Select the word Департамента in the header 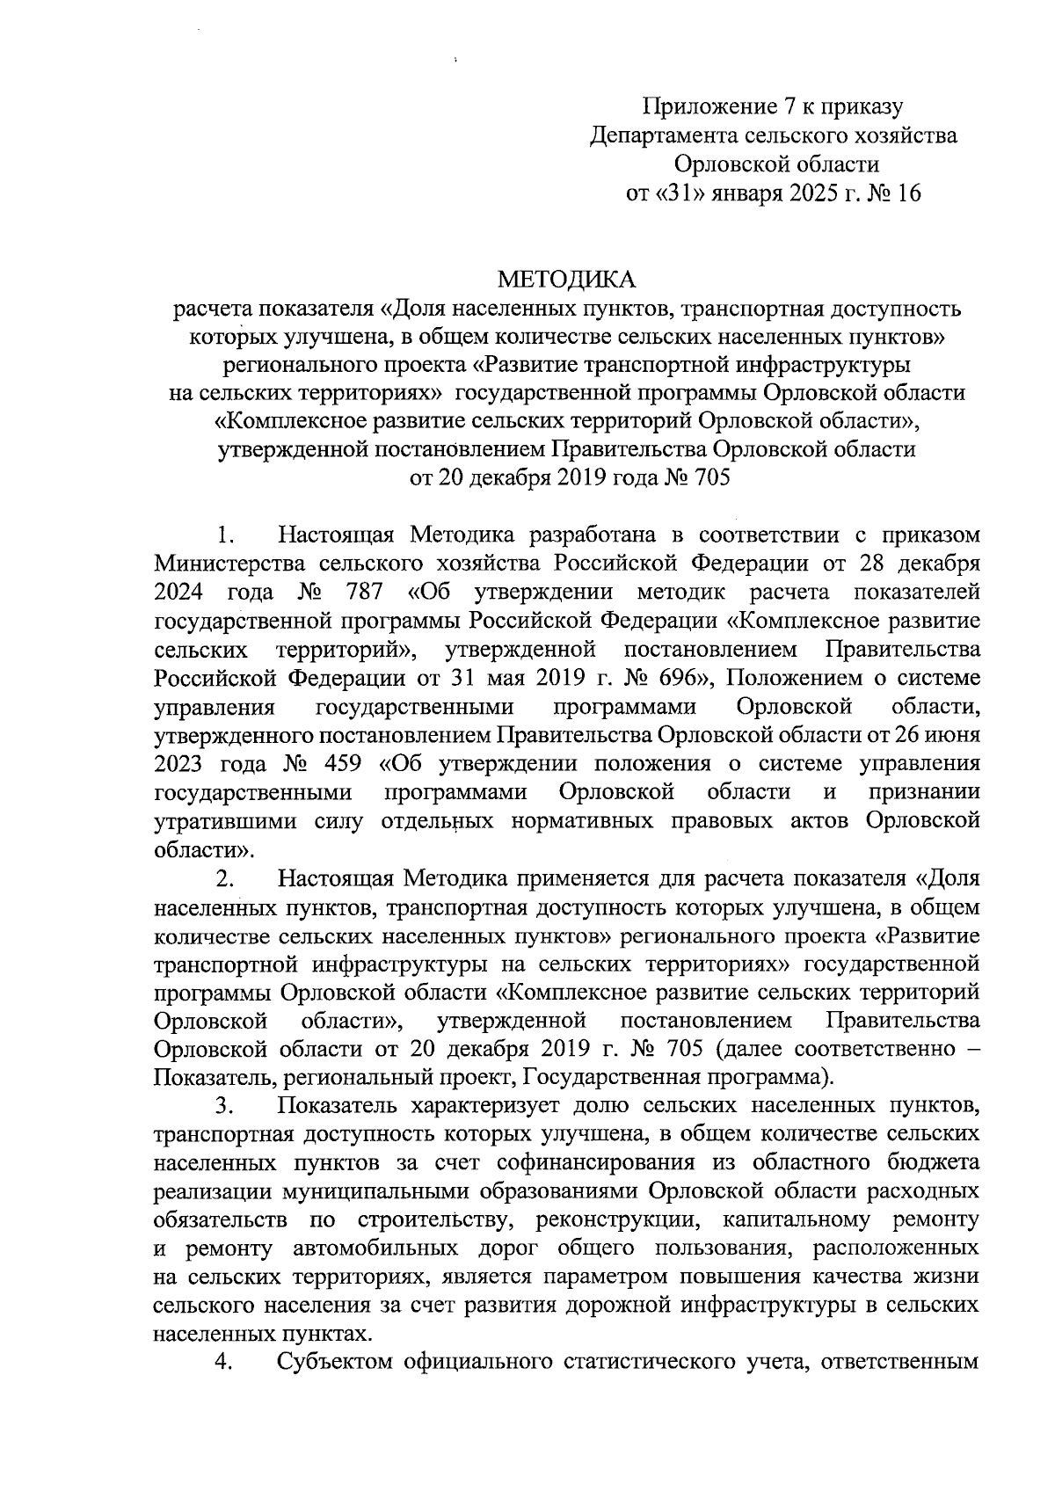point(666,136)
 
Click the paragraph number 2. point(225,878)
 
